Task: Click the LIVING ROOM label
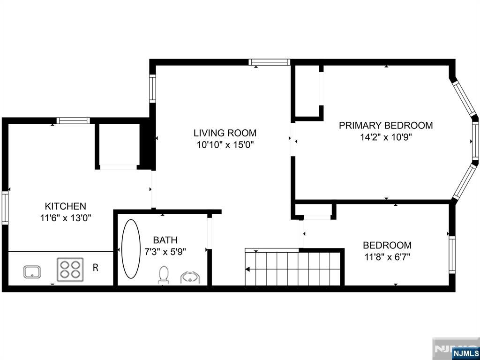[x=225, y=133]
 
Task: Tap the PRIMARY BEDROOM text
[x=386, y=126]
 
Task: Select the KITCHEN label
[x=66, y=206]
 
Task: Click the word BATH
[x=165, y=240]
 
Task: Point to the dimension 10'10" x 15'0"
[x=225, y=145]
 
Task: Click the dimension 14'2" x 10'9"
[x=386, y=137]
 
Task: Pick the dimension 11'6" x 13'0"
[x=66, y=218]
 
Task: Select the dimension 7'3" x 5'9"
[x=165, y=252]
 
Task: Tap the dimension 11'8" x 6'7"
[x=387, y=256]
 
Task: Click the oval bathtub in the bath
[x=131, y=248]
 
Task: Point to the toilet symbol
[x=164, y=275]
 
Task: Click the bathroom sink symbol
[x=190, y=277]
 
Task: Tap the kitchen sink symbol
[x=32, y=272]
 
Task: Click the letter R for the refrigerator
[x=96, y=268]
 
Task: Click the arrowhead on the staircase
[x=247, y=270]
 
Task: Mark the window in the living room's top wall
[x=270, y=62]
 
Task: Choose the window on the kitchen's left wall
[x=5, y=208]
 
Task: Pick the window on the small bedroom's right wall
[x=452, y=255]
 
